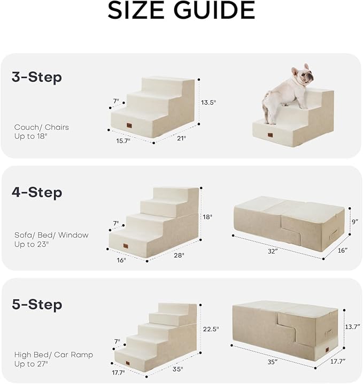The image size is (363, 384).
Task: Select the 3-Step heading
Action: point(37,77)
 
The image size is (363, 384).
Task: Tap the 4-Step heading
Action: point(37,192)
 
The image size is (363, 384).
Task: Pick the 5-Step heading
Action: point(37,305)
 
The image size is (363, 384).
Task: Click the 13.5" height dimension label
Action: point(208,102)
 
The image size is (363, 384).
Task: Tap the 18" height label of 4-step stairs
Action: point(207,217)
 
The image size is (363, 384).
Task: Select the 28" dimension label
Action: point(179,255)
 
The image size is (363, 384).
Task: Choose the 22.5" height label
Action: point(211,329)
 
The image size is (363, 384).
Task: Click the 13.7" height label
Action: point(352,326)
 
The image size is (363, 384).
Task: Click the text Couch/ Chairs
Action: point(42,128)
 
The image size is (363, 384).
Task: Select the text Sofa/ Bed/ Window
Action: point(51,235)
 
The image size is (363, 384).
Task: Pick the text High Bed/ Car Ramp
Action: point(53,355)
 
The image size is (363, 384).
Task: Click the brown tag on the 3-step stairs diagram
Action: point(130,126)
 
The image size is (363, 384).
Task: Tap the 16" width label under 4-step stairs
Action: point(121,260)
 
